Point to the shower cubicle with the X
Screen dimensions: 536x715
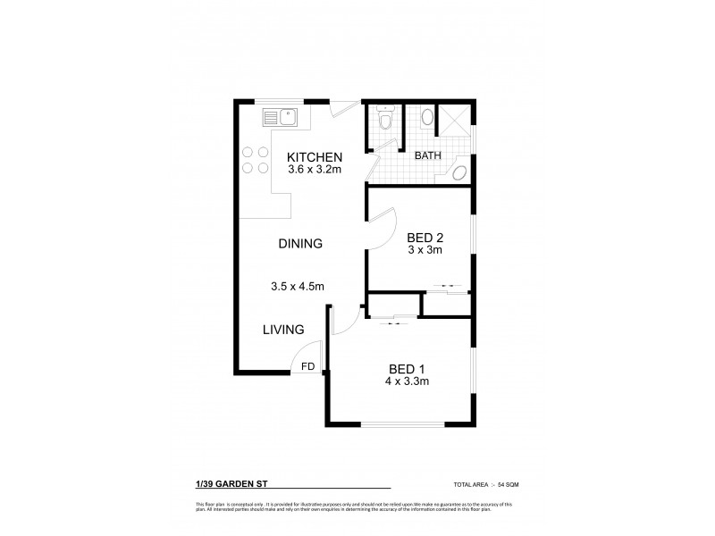(x=456, y=120)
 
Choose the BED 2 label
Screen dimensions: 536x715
(x=425, y=238)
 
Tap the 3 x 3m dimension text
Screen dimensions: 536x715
(x=425, y=252)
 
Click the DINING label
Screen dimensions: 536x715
(x=299, y=243)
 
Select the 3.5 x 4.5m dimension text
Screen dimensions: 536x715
(x=297, y=287)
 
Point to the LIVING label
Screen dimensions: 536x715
(x=283, y=330)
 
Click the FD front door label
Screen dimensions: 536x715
(x=307, y=366)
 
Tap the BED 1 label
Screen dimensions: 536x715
(x=407, y=367)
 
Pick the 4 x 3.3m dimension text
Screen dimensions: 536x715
(x=408, y=381)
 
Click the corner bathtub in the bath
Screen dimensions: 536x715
(x=460, y=173)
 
